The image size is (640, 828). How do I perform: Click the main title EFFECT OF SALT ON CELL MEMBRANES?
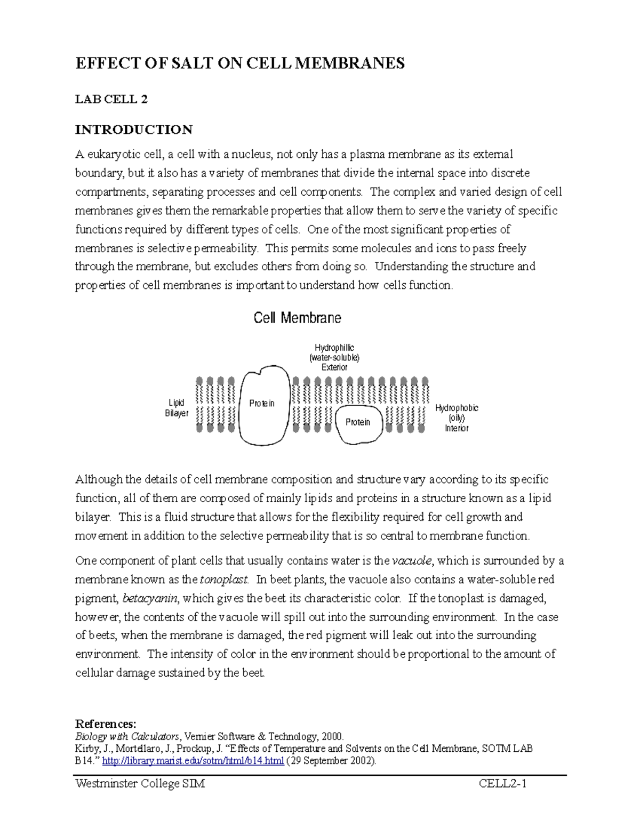coord(240,63)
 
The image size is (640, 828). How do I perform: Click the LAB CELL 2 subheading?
coord(111,99)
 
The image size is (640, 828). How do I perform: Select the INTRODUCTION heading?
coord(134,130)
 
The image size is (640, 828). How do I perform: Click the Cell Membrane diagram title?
coord(297,318)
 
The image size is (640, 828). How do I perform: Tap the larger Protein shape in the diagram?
coord(262,404)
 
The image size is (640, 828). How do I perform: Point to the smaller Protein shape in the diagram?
coord(358,422)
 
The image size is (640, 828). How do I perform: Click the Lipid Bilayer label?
coord(177,408)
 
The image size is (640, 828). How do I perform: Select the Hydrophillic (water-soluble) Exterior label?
coord(334,357)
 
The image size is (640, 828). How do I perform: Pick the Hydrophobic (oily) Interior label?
coord(457,418)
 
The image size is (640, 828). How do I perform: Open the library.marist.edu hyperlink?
coord(193,761)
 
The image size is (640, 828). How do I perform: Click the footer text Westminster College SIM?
coord(140,784)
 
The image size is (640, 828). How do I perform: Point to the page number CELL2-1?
coord(502,784)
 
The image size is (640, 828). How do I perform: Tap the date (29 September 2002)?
coord(331,761)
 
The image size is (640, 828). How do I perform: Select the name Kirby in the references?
coord(86,749)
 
